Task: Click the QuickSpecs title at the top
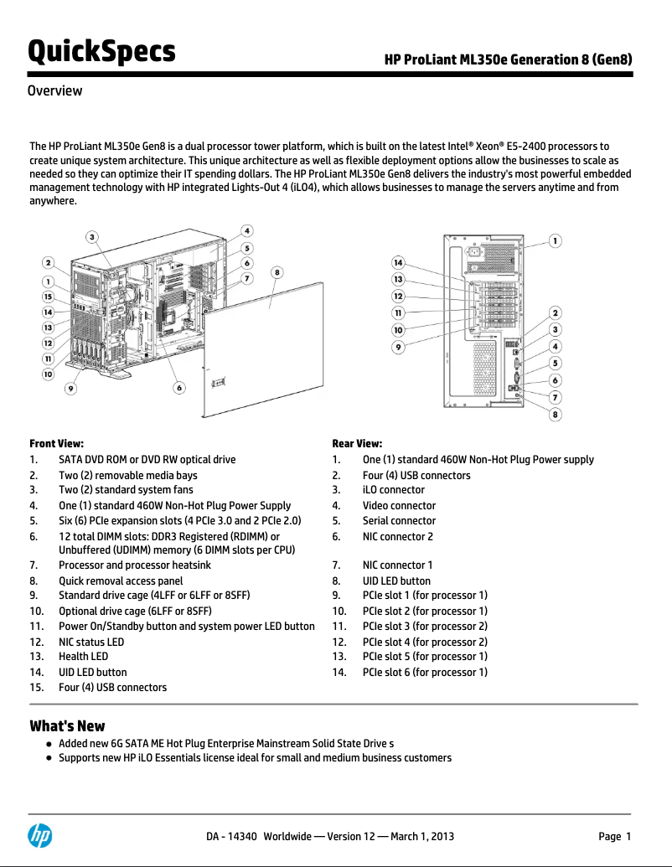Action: [102, 52]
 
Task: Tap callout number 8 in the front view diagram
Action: [277, 271]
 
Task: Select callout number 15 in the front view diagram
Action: [49, 297]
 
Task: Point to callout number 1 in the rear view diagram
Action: [555, 240]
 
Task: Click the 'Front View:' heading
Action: [56, 444]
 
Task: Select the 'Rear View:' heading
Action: [357, 444]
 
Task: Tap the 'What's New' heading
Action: [67, 725]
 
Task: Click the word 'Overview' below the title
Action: [54, 90]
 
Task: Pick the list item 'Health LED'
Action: [83, 657]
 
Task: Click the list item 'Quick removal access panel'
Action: [121, 581]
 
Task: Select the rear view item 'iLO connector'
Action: [393, 490]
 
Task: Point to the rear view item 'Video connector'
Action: [399, 505]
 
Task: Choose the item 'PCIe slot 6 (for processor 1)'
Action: [424, 672]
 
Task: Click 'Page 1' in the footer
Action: [614, 836]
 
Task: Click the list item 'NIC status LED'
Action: [90, 642]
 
